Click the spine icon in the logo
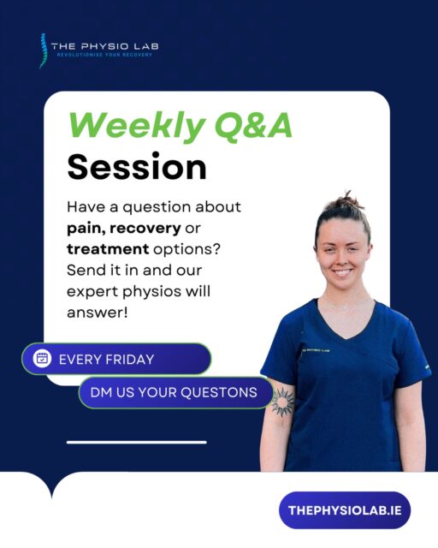pos(43,51)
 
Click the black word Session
pos(137,166)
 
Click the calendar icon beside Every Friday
pos(42,359)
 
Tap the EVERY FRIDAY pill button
pos(115,359)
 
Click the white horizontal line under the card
pos(137,443)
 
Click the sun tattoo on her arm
pos(281,400)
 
